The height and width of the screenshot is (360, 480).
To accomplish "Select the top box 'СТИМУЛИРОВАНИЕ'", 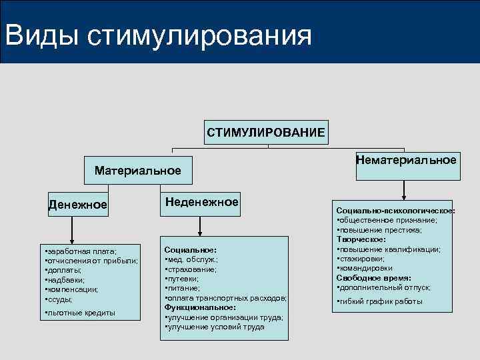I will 266,132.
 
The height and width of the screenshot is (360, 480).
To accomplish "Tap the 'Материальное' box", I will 137,171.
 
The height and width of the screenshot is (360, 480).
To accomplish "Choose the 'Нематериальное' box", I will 407,161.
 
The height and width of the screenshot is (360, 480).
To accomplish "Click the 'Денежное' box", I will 77,204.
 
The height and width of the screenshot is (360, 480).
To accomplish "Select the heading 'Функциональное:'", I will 199,307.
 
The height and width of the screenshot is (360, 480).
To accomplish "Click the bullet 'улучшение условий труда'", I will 215,327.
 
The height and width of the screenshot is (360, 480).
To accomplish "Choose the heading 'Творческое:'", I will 361,239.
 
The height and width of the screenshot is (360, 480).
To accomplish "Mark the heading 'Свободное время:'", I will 373,277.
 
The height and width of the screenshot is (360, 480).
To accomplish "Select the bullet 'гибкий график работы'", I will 381,301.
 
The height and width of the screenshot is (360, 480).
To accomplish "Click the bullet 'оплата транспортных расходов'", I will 226,298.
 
